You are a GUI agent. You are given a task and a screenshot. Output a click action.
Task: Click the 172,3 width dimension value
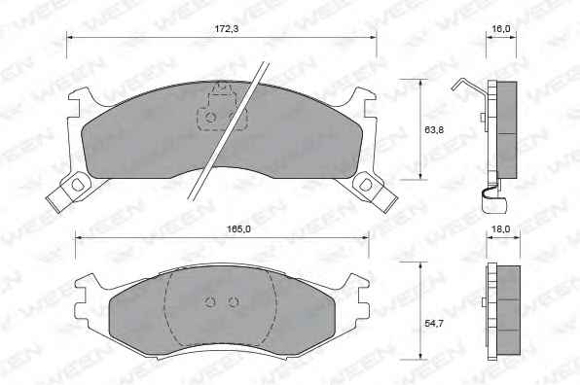[x=227, y=28]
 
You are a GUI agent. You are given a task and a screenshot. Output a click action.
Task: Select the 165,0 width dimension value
[x=238, y=229]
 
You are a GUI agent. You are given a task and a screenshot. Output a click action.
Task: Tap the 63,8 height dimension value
[x=434, y=129]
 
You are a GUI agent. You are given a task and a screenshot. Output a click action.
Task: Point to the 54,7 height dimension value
[x=433, y=324]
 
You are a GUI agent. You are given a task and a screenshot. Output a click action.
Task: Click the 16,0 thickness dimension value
[x=501, y=28]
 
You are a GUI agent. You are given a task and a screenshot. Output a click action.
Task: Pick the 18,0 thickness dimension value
[x=500, y=229]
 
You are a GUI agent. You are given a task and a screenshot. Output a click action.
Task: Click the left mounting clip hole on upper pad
[x=77, y=185]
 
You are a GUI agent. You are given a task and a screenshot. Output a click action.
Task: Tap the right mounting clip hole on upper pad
[x=366, y=185]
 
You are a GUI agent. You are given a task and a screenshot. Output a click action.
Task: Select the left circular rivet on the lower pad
[x=210, y=301]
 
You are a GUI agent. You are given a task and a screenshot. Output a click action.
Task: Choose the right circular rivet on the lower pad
[x=233, y=301]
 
